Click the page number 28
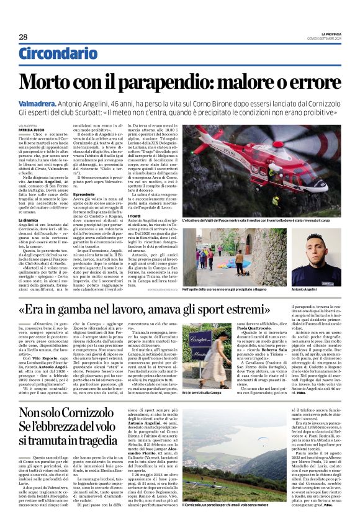tap(23, 37)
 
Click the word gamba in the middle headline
tap(87, 309)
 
